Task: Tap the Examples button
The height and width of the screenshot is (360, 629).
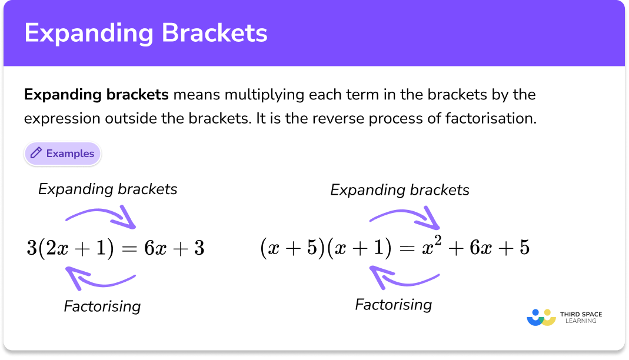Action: click(x=63, y=154)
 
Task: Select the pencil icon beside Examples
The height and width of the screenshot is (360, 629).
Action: click(x=36, y=154)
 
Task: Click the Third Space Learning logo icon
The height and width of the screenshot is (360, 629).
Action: click(x=541, y=317)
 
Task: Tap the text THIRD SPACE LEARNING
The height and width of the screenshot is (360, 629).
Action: click(x=581, y=318)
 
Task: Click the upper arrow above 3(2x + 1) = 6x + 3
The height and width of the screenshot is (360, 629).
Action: click(x=101, y=215)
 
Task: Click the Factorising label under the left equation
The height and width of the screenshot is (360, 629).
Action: click(x=102, y=306)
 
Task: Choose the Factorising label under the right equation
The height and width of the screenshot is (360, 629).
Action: click(x=394, y=304)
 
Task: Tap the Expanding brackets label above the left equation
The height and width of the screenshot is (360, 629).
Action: click(x=108, y=189)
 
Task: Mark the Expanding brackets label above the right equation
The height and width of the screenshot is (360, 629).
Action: click(x=400, y=190)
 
